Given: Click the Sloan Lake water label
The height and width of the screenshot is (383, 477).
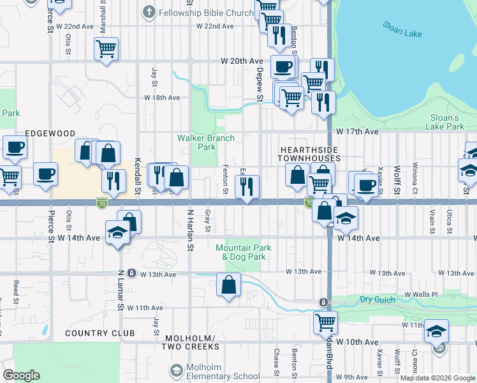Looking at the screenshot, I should tap(403, 29).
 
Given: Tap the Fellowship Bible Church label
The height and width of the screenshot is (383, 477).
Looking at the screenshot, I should tap(205, 12).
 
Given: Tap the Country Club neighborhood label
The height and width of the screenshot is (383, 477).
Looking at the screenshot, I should tap(99, 333).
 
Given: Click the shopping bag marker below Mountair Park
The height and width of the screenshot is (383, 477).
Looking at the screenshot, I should tap(228, 285).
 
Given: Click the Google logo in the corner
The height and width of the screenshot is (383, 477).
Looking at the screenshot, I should tap(21, 375).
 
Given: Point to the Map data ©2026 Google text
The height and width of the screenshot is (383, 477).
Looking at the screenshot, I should tap(437, 378).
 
